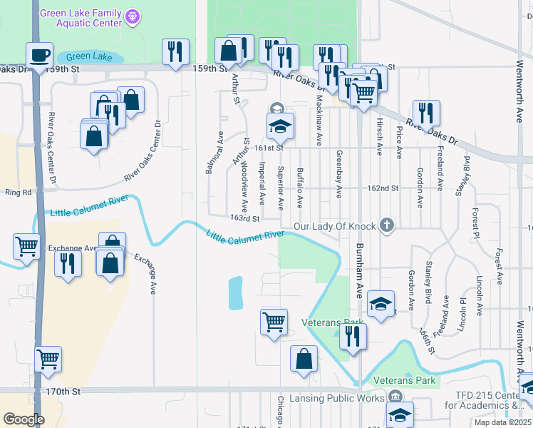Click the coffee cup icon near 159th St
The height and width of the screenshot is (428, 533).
[x=39, y=54]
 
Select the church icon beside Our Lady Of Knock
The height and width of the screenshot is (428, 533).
[x=387, y=226]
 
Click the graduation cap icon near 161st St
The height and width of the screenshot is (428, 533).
[x=280, y=127]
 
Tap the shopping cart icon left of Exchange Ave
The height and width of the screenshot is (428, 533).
[x=26, y=246]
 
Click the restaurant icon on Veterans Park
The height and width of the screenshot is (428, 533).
[x=352, y=335]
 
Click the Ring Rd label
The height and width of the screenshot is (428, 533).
[x=19, y=193]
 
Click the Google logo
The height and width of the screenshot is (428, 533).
[x=24, y=419]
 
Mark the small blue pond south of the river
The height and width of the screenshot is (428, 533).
[x=235, y=293]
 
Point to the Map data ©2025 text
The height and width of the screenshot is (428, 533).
[x=503, y=423]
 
